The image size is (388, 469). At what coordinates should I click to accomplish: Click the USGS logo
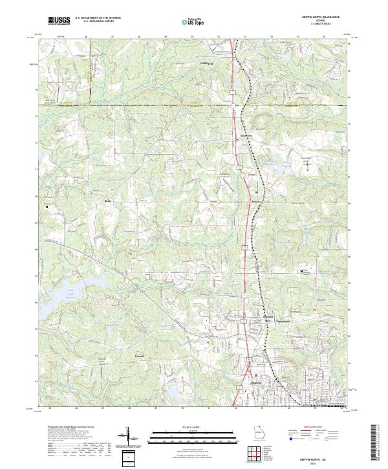point(58,20)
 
